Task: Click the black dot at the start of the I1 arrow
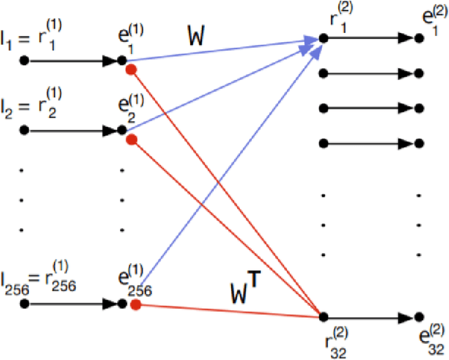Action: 25,61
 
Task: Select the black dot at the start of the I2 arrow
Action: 25,131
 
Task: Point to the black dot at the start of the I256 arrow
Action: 25,304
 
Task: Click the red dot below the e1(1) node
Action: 130,69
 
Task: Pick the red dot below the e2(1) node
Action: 131,140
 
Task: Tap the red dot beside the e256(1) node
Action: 135,305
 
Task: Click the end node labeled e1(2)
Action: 419,37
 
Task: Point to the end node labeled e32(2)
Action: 419,316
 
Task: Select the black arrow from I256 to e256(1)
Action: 74,304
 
